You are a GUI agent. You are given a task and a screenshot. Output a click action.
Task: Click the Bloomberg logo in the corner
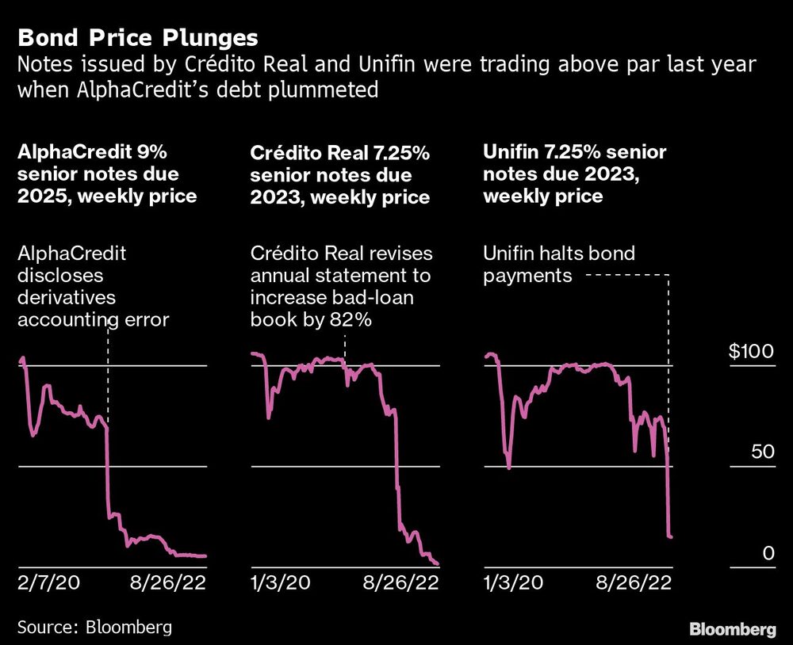tap(733, 630)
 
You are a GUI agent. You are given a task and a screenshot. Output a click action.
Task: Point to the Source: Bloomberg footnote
tap(94, 628)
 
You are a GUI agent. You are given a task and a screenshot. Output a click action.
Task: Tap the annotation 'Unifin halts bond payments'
tap(559, 265)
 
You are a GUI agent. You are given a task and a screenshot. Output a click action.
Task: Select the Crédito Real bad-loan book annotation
tap(341, 287)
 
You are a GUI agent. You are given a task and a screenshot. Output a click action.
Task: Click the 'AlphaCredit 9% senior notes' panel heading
tap(107, 173)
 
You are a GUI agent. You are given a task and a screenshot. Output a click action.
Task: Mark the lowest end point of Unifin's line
tap(672, 537)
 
